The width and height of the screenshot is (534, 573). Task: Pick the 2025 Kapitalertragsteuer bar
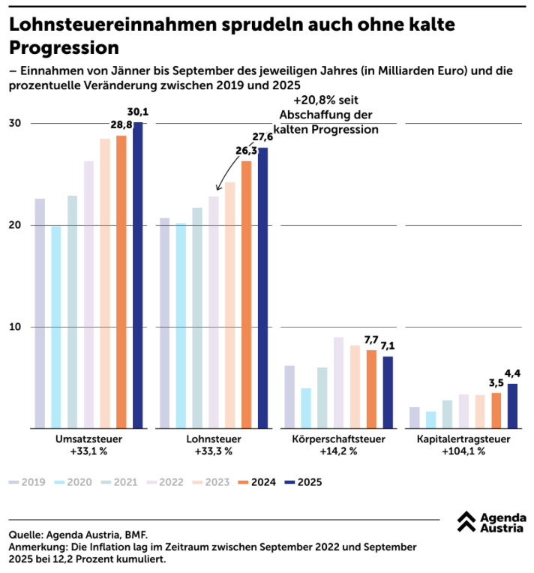512,406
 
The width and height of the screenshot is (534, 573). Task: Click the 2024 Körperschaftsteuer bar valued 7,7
371,389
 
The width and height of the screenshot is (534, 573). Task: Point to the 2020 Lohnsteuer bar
181,325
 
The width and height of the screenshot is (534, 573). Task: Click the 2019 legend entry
29,482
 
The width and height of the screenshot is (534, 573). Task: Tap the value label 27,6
263,136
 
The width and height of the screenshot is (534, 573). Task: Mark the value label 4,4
513,373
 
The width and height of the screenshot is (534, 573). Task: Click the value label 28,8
121,124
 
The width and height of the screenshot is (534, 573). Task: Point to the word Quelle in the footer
26,535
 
